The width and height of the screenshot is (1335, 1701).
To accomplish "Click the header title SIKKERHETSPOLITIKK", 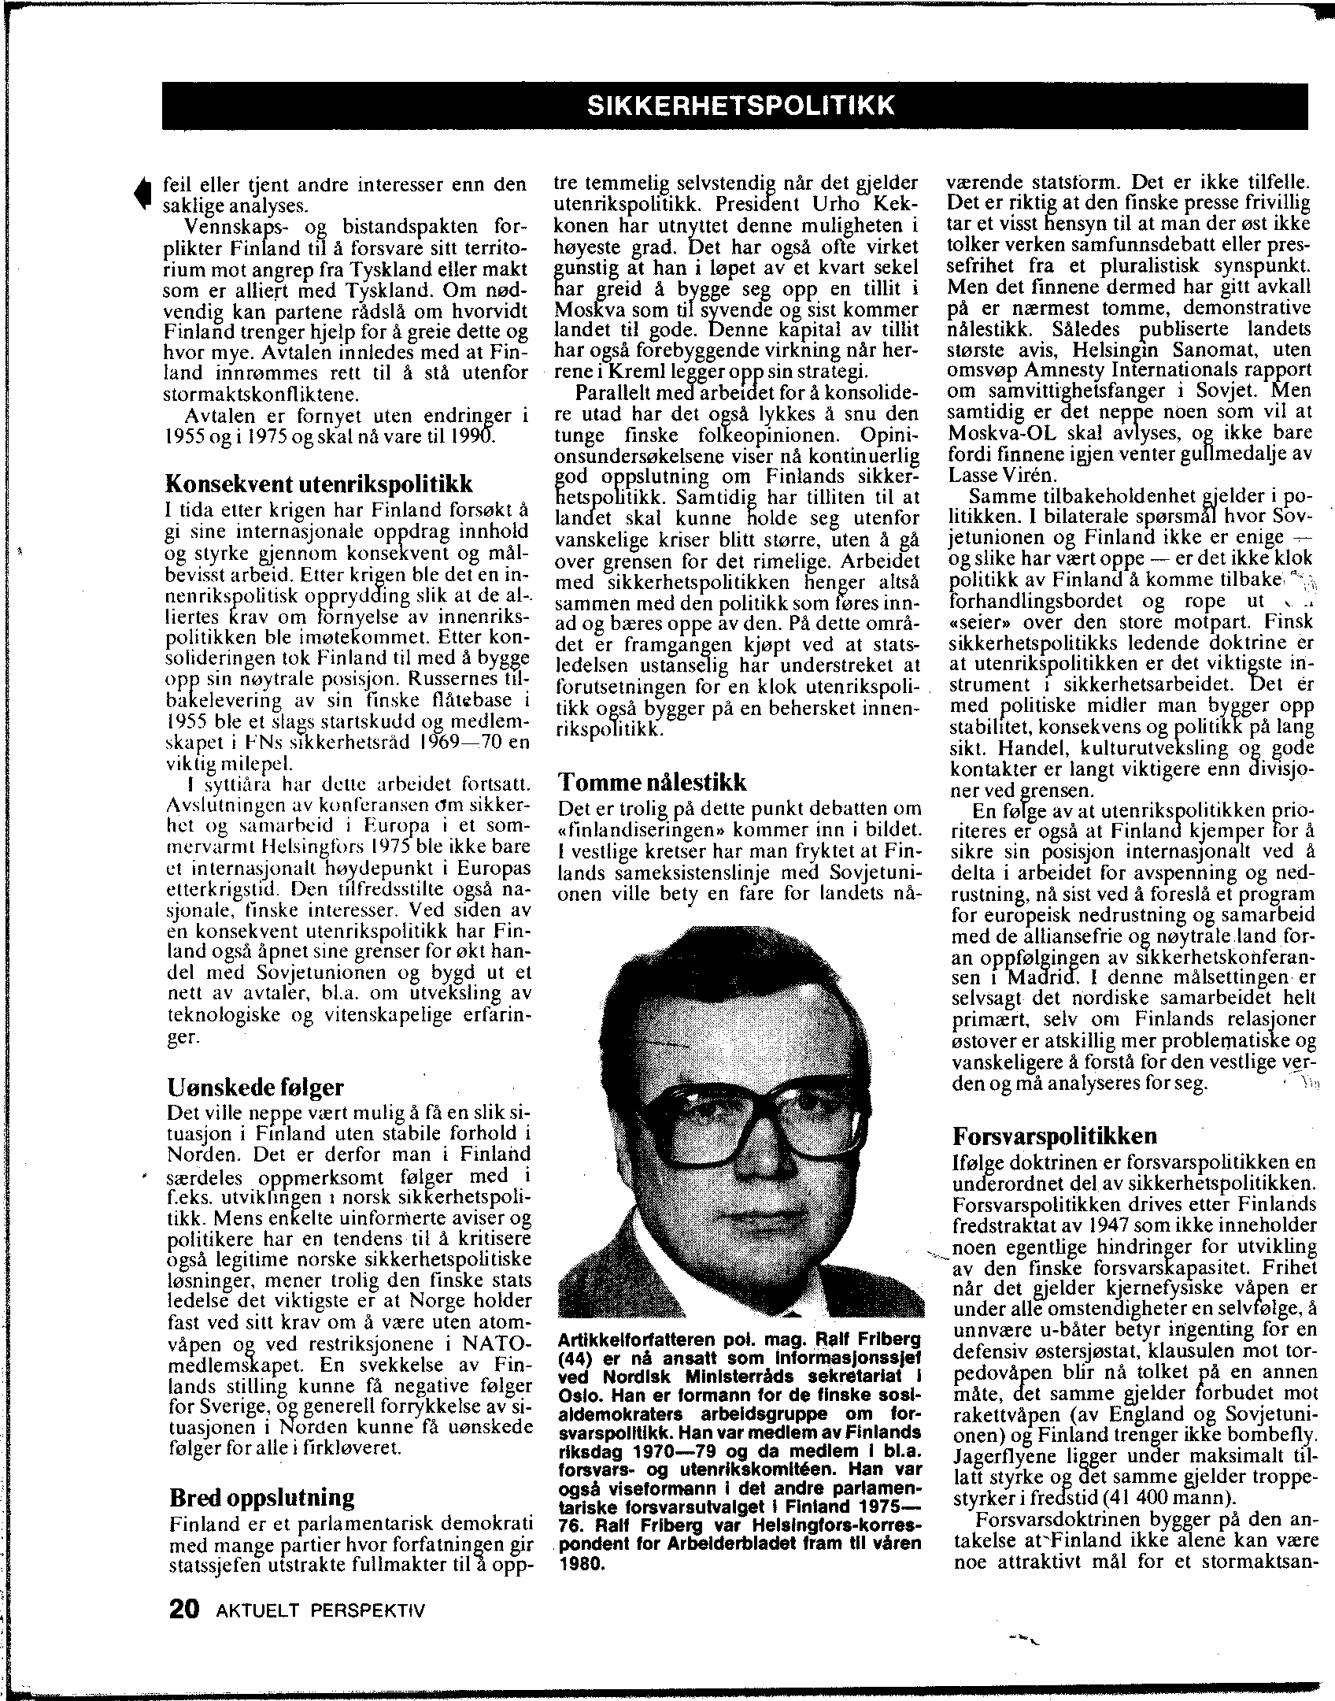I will (x=741, y=106).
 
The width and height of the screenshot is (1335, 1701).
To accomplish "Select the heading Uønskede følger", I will (x=256, y=1088).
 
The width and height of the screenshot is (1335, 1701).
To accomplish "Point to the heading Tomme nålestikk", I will (x=652, y=783).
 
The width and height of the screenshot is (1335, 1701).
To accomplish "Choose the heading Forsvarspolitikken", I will (x=1055, y=1136).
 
